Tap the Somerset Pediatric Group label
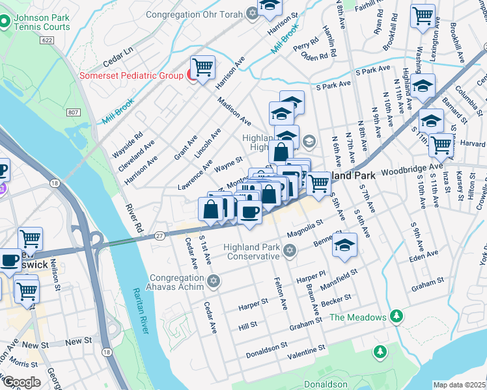point(131,75)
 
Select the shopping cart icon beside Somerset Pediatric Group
point(202,66)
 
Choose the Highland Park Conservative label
point(251,251)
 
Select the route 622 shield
point(45,40)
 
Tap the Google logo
point(21,382)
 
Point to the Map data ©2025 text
point(459,385)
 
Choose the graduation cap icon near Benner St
point(345,243)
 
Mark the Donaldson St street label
point(267,352)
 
